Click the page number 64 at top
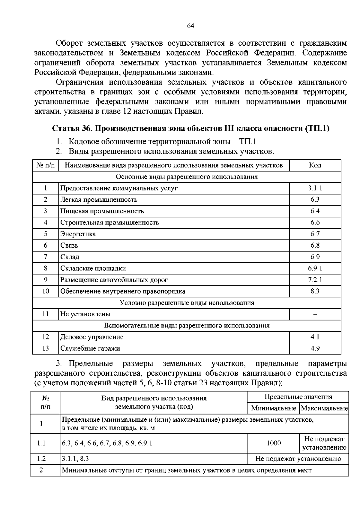(190, 26)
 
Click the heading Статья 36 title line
(190, 128)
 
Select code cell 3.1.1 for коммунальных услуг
(315, 188)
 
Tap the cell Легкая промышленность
(99, 200)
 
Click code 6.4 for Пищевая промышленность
(315, 211)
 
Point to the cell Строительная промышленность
(109, 223)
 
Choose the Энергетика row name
(78, 234)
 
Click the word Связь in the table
(69, 245)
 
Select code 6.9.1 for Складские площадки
(315, 268)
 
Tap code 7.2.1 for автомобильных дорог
(315, 280)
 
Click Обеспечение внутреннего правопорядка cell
(123, 291)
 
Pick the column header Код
(315, 165)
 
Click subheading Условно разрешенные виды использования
(187, 303)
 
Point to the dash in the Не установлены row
(315, 314)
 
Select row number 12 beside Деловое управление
(46, 337)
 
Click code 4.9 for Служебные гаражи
(315, 348)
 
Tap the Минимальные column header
(274, 408)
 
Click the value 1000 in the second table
(274, 443)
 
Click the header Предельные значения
(298, 397)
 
